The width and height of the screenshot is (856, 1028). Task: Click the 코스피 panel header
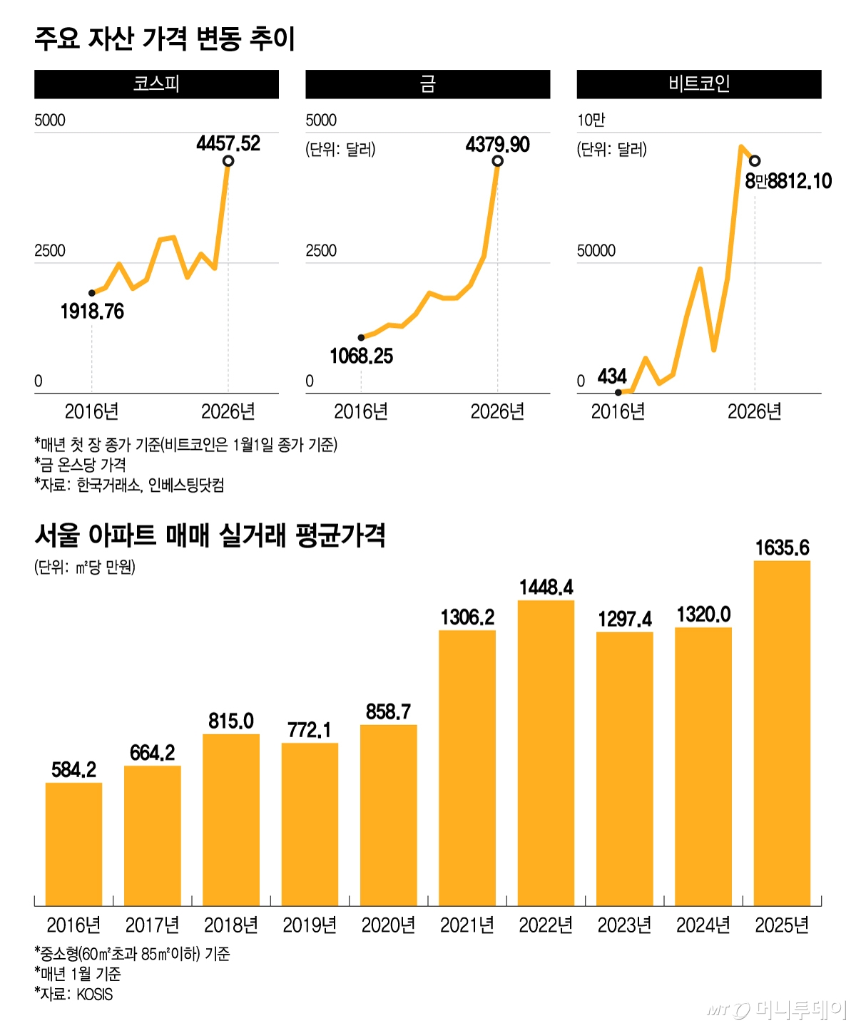156,84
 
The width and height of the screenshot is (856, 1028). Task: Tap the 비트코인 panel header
699,84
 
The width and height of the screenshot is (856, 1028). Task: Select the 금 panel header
428,84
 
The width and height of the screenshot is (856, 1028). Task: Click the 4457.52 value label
228,144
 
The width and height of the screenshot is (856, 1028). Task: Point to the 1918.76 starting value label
92,312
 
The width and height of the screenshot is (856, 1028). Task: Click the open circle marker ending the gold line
498,161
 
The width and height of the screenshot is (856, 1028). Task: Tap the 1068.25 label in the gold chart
361,356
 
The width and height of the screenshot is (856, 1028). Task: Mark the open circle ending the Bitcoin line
755,161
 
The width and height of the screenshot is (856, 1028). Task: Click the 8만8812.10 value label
788,181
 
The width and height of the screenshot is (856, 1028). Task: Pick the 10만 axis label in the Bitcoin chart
591,120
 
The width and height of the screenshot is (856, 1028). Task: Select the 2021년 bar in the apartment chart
467,768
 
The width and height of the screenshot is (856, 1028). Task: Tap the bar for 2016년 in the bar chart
73,844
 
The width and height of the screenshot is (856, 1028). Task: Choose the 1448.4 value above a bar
546,587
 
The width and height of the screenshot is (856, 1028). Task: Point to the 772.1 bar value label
310,730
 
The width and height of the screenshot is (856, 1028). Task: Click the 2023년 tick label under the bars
624,925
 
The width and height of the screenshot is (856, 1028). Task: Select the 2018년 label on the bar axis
231,925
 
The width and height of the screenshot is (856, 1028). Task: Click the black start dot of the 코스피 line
92,293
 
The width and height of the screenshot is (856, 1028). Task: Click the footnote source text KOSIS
94,994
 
